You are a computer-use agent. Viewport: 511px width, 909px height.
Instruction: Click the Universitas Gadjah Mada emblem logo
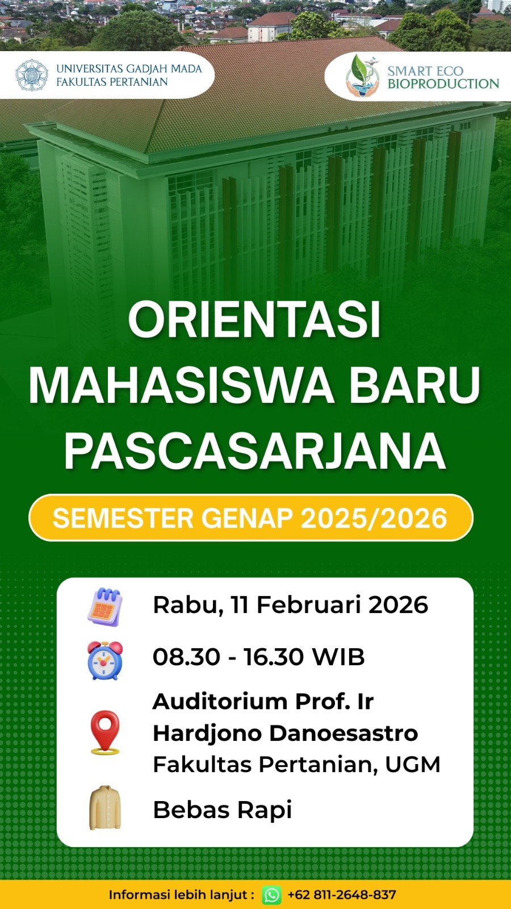coord(32,75)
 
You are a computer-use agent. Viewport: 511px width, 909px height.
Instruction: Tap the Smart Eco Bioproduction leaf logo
coord(362,76)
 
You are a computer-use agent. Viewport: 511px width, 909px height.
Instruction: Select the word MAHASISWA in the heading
coord(181,385)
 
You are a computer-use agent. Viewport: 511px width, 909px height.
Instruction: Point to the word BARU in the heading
coord(415,385)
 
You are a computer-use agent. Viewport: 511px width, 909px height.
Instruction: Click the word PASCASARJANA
coord(255,451)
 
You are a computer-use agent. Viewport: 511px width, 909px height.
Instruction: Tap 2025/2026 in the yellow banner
coord(374,518)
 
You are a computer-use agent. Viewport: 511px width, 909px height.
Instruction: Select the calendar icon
coord(105,607)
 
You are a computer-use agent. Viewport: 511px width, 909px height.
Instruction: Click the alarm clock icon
coord(105,660)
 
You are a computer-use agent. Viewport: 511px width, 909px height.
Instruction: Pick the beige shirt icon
coord(105,807)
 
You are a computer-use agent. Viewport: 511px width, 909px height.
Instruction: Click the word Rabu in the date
coord(188,604)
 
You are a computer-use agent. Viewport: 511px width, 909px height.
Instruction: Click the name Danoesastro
coord(344,733)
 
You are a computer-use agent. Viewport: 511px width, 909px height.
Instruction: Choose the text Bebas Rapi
coord(222,810)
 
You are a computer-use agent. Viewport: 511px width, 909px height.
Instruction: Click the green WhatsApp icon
coord(272,895)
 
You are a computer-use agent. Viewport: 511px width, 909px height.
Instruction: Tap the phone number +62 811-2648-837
coord(341,894)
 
